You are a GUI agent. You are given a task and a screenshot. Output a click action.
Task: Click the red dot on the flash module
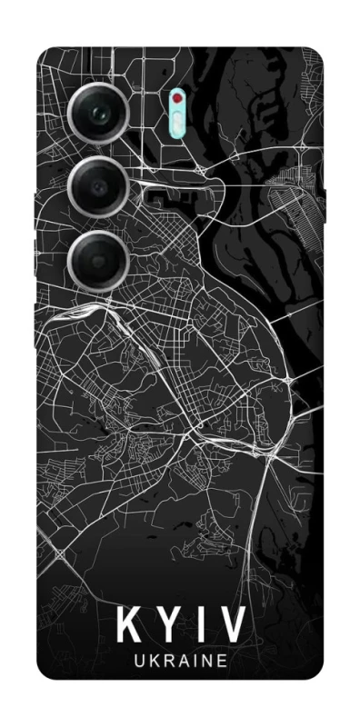(x=176, y=97)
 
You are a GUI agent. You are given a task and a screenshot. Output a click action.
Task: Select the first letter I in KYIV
(x=203, y=626)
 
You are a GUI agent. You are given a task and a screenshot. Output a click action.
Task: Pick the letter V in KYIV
(x=233, y=626)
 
